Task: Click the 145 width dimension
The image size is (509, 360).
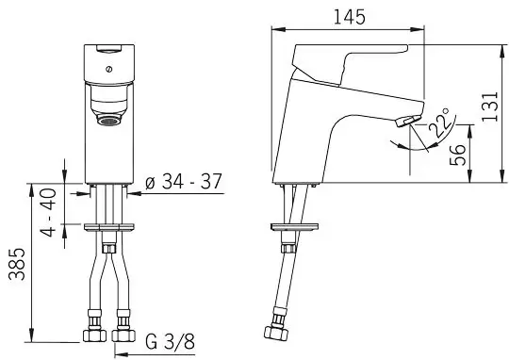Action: point(350,17)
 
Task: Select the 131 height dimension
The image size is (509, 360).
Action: point(489,107)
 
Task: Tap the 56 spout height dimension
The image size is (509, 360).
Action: point(457,155)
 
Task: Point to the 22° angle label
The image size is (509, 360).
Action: point(439,123)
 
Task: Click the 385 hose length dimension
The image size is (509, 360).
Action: point(17,264)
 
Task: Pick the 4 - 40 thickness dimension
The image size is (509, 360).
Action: point(48,212)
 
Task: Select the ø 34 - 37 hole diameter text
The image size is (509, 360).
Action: point(184,181)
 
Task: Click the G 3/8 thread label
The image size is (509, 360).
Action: point(170,341)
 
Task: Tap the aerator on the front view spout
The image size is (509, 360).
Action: point(108,122)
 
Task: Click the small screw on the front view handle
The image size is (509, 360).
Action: point(109,69)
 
